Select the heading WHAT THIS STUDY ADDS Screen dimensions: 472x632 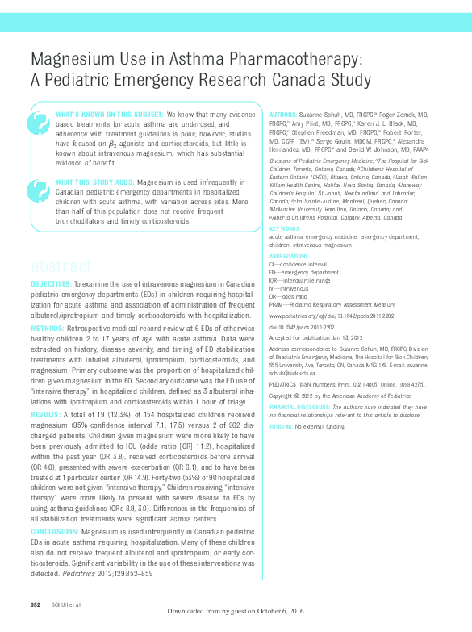[x=93, y=182]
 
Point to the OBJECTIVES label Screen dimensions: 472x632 [x=51, y=285]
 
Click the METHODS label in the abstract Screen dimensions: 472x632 [x=47, y=329]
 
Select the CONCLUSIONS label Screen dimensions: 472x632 [x=55, y=533]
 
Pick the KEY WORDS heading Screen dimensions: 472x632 [x=283, y=228]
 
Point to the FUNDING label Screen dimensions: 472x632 [x=280, y=425]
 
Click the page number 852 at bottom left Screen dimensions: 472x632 [x=36, y=605]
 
